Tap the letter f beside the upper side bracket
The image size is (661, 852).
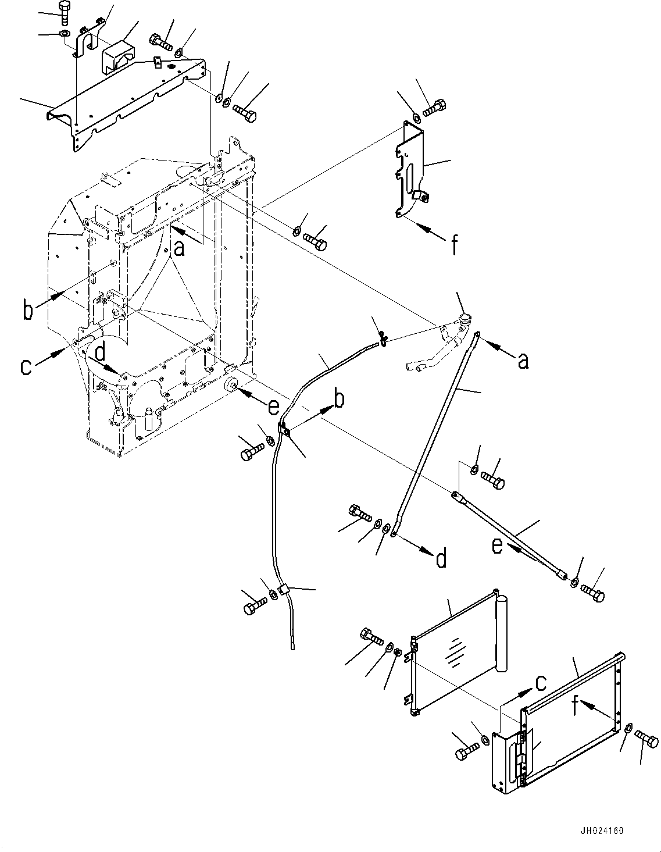tap(454, 245)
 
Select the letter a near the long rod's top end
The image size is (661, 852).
tap(523, 361)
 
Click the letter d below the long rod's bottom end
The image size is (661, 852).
tap(441, 559)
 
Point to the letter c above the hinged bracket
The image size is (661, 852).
tap(540, 682)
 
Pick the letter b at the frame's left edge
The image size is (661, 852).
tap(27, 310)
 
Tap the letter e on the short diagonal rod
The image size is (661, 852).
tap(498, 547)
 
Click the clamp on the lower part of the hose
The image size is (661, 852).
tap(284, 591)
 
